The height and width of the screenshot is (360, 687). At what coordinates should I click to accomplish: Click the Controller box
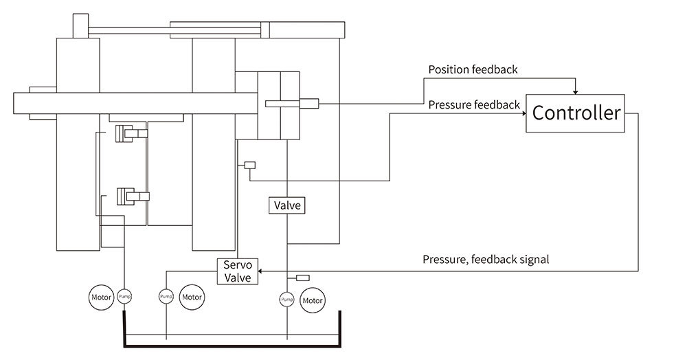click(x=576, y=113)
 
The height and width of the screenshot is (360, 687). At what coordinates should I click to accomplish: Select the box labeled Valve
click(x=287, y=205)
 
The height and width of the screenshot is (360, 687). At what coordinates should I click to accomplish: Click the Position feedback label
click(x=473, y=69)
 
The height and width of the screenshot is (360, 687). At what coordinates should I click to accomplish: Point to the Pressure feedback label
click(x=474, y=104)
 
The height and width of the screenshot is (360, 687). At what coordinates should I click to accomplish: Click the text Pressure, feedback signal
click(x=486, y=260)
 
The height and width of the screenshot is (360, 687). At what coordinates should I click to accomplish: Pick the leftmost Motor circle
click(x=102, y=297)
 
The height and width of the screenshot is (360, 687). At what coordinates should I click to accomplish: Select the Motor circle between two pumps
click(x=192, y=297)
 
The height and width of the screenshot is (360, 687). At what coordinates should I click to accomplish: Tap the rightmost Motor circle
click(x=312, y=300)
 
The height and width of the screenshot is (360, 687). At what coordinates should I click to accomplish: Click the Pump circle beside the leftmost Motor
click(x=124, y=297)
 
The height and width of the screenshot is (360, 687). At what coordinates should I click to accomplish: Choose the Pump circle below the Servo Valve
click(x=166, y=297)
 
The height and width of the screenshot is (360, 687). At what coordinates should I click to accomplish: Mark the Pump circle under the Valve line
click(x=286, y=300)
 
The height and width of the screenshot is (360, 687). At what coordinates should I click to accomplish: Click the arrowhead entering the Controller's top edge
click(x=576, y=92)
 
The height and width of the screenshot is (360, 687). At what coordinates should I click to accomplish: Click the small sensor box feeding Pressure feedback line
click(x=249, y=165)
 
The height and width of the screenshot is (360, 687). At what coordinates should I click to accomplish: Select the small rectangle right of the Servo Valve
click(x=302, y=278)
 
